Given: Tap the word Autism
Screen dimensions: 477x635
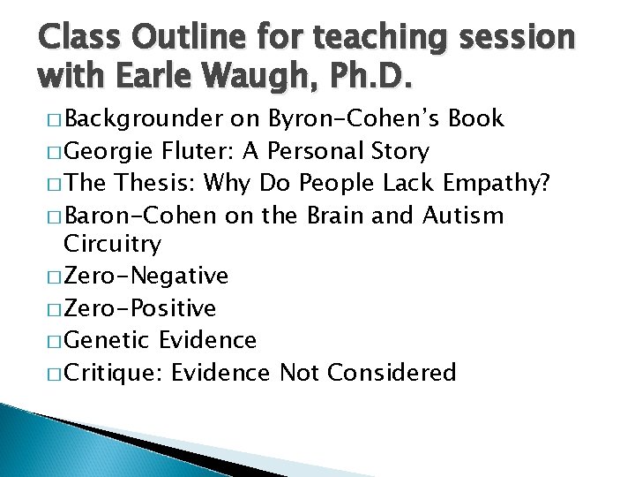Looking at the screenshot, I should pos(463,215).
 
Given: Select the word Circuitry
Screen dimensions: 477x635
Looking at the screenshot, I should pos(112,244).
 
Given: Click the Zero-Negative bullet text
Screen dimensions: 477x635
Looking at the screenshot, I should pos(146,276).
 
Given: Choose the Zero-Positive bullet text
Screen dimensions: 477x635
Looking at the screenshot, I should pos(140,308).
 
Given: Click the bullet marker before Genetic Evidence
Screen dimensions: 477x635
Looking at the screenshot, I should pos(56,341).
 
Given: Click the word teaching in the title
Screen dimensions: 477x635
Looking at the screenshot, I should pos(378,36).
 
